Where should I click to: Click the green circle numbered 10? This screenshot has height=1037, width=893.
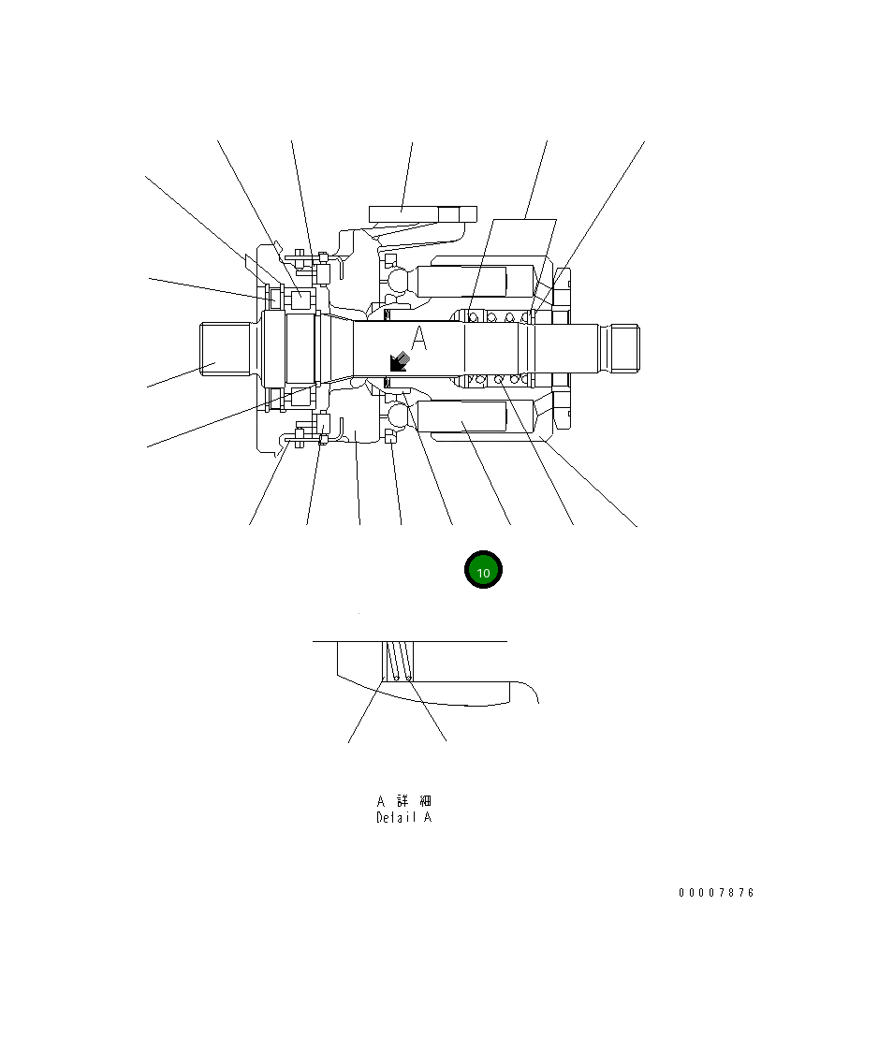coord(484,569)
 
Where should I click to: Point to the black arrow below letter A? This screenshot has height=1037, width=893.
coord(400,362)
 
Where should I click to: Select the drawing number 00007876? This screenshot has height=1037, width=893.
coord(716,892)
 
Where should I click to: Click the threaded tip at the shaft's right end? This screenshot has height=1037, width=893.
coord(623,348)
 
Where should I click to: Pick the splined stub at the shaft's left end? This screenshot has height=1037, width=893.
coord(226,348)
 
